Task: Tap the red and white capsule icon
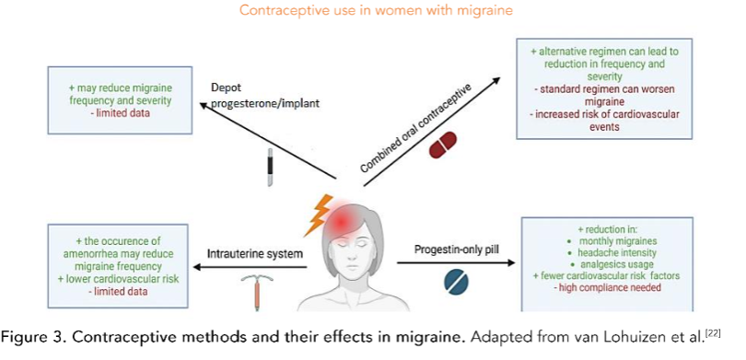pos(443,145)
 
